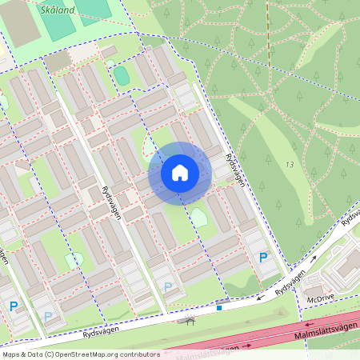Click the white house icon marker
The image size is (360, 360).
point(180,173)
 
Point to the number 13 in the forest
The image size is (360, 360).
point(289,164)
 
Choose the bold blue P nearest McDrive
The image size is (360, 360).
point(263,257)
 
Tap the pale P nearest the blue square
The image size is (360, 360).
point(168,286)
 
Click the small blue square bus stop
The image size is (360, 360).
point(219,306)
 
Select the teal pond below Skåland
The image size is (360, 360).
point(121,75)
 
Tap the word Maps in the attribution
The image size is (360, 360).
point(10,354)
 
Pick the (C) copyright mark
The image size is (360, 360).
point(50,354)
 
